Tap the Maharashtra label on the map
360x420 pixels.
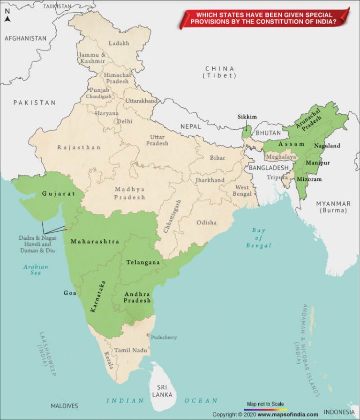pos(95,242)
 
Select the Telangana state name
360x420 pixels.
pos(143,263)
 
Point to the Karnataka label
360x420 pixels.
pos(98,296)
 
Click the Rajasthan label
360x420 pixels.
pos(79,147)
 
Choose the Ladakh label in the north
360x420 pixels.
pos(119,43)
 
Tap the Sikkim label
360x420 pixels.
pos(247,117)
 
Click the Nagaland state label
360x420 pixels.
pos(327,146)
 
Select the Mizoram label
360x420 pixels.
pos(309,179)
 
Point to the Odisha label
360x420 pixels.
pos(206,222)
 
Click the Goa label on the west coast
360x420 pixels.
pos(70,293)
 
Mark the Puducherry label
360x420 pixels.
pos(164,337)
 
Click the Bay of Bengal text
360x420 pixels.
pos(259,238)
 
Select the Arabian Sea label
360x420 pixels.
pos(36,270)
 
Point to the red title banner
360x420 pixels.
pos(265,18)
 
